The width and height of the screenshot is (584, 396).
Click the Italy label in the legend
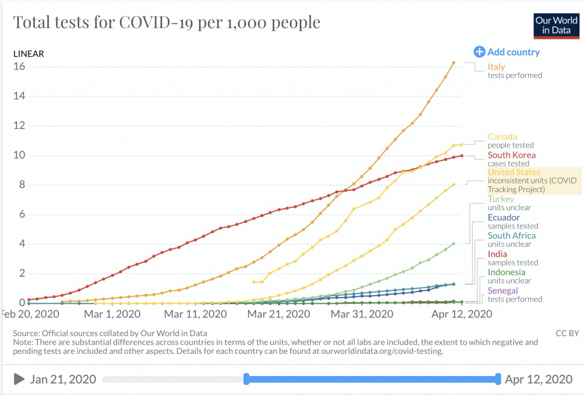point(496,67)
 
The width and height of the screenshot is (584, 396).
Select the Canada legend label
point(502,137)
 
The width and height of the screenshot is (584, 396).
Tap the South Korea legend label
point(512,155)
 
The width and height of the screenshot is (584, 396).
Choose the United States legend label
point(513,172)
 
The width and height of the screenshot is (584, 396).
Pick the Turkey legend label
point(501,199)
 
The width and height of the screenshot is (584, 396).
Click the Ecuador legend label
point(504,218)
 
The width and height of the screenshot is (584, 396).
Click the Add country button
point(507,52)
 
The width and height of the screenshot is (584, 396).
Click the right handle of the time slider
point(498,379)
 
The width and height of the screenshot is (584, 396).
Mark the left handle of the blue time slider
point(246,379)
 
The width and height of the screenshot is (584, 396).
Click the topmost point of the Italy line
point(453,63)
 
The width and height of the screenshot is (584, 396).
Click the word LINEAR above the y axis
point(29,54)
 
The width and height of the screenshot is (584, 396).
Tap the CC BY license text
point(567,333)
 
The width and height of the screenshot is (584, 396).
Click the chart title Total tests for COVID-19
point(167,23)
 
